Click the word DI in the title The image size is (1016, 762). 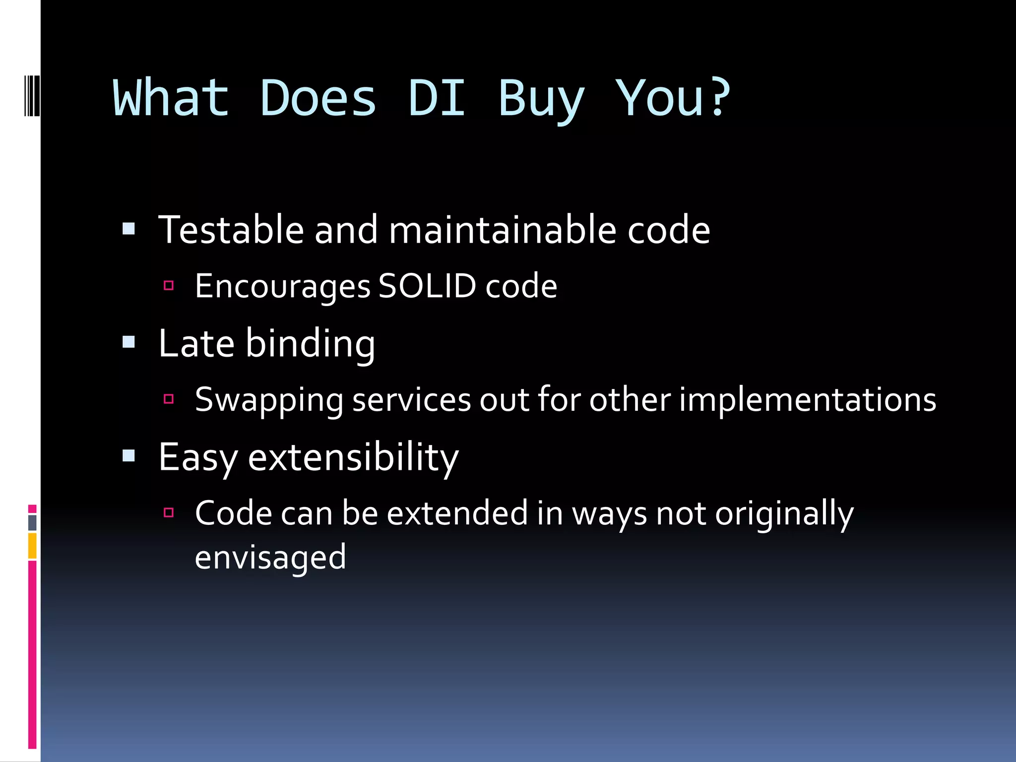[x=437, y=98]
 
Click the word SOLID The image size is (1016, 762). [x=427, y=286]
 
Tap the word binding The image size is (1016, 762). [x=310, y=344]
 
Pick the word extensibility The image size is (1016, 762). [x=353, y=457]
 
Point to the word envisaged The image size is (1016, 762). [x=270, y=557]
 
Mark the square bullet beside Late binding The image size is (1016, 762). [x=128, y=342]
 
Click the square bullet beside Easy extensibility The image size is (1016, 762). [x=128, y=455]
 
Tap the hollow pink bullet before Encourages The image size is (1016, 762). [x=169, y=285]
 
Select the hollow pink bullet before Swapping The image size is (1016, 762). [x=169, y=398]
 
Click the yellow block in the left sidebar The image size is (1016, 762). [x=32, y=546]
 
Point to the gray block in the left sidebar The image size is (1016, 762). [x=32, y=522]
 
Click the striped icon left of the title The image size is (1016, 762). [x=32, y=95]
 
